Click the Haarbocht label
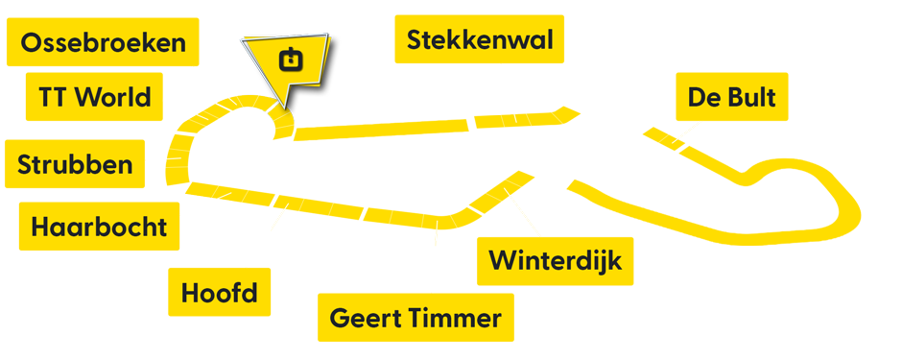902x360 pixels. tap(99, 228)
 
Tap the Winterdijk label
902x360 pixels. tap(556, 260)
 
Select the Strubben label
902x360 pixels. tap(75, 164)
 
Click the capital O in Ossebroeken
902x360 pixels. tap(30, 43)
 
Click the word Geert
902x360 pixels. tap(363, 319)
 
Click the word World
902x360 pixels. tap(112, 97)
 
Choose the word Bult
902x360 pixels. tap(749, 97)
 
